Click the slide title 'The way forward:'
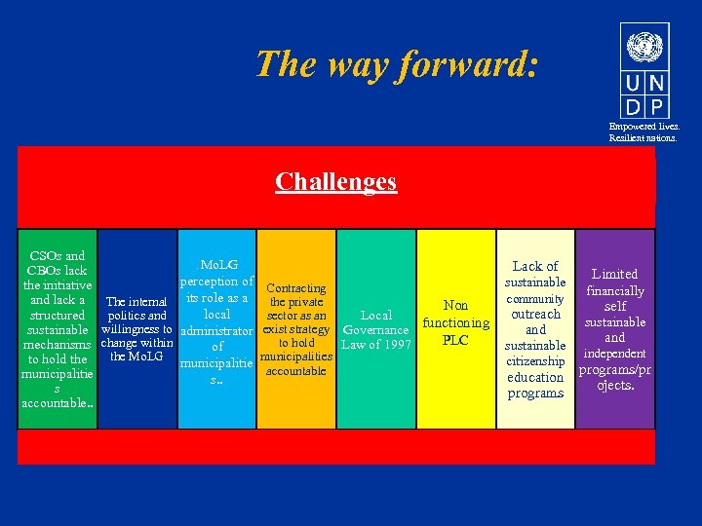point(396,64)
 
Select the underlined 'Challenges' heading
point(335,182)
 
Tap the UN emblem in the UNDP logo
point(644,45)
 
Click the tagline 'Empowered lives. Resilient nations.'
point(644,132)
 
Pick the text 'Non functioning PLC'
point(455,322)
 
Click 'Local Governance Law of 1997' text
point(376,330)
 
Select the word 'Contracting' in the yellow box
point(295,288)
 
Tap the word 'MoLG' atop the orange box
point(217,264)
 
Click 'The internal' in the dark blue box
point(136,301)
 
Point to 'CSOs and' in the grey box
point(58,256)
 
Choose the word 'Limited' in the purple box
point(614,275)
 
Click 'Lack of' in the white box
point(535,266)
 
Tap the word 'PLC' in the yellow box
point(455,340)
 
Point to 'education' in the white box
point(535,377)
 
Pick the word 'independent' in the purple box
point(614,354)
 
